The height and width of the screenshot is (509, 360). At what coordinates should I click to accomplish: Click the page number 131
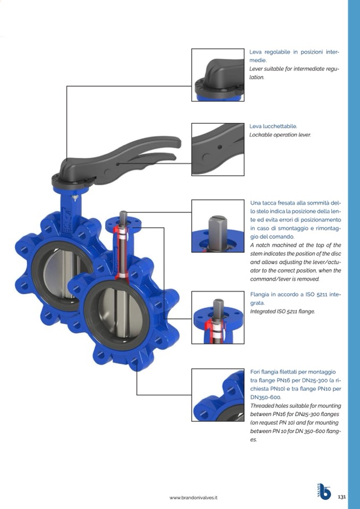click(x=342, y=497)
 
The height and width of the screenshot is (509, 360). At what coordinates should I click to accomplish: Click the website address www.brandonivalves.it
click(x=193, y=497)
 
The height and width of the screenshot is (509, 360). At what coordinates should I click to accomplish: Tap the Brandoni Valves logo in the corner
click(x=324, y=491)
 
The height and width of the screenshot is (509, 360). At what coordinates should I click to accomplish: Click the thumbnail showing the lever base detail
click(x=218, y=75)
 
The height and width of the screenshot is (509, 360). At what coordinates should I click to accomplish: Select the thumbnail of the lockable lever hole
click(x=218, y=149)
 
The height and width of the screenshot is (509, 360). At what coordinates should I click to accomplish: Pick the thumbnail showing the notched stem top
click(x=218, y=226)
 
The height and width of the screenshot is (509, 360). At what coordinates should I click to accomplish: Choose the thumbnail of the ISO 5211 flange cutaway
click(x=218, y=317)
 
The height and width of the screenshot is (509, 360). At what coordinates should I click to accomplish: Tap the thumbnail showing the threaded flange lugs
click(x=218, y=395)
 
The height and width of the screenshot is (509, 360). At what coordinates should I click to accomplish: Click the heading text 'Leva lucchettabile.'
click(x=273, y=126)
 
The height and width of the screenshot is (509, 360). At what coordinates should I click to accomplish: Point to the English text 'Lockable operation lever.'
click(x=280, y=135)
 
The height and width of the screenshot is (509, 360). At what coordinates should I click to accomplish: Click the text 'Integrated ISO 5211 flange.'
click(x=282, y=312)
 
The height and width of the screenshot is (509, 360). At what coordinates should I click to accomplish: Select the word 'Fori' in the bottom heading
click(x=255, y=372)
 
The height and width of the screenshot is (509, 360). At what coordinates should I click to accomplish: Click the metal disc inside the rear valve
click(x=65, y=273)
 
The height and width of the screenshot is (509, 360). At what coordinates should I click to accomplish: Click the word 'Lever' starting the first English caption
click(x=255, y=69)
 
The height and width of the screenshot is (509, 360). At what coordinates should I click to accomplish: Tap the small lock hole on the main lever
click(x=117, y=164)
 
